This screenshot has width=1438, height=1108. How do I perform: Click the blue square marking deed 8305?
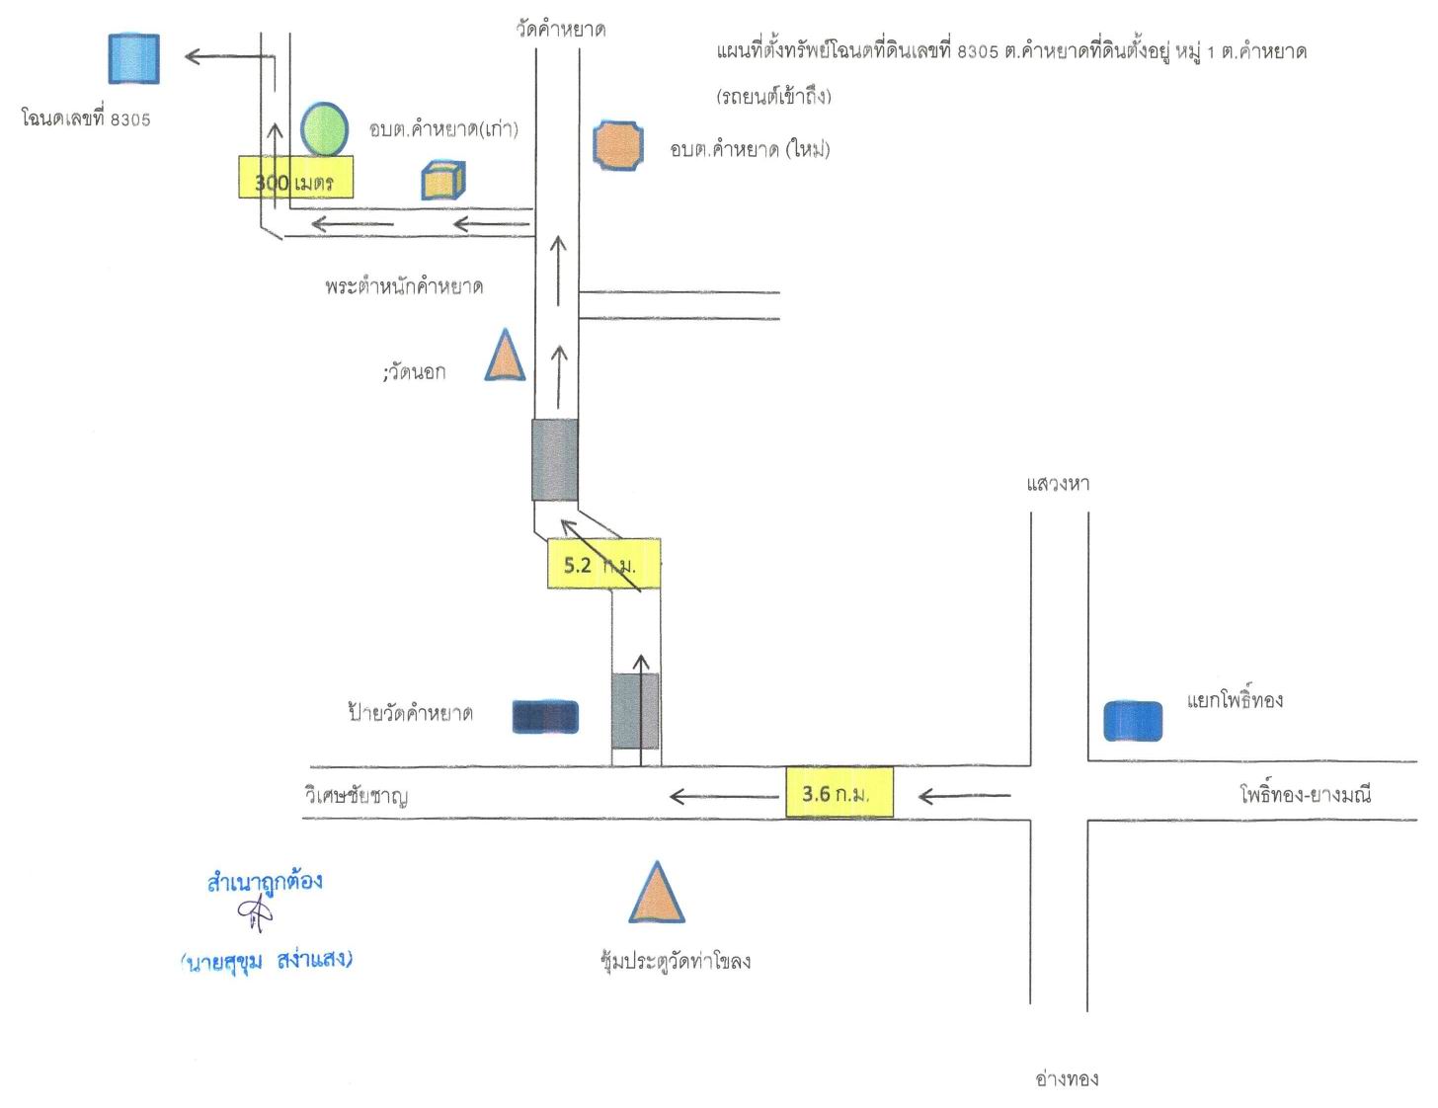pos(133,58)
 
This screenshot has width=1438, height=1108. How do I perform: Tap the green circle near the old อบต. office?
pos(324,129)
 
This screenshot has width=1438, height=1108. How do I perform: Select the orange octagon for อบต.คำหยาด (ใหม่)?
pos(617,145)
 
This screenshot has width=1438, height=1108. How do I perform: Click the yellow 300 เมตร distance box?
pos(296,177)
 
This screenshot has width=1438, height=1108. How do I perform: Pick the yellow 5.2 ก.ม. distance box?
pos(603,564)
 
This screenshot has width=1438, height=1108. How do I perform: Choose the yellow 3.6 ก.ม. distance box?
pos(839,792)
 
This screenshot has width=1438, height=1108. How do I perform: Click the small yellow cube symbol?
pos(443,180)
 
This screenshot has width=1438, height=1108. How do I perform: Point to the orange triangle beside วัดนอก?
pos(505,356)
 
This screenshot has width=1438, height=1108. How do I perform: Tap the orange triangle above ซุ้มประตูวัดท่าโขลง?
pos(657,893)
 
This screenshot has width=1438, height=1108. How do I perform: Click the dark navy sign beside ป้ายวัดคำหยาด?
pos(545,717)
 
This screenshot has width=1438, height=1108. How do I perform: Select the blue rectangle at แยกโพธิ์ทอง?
pos(1132,721)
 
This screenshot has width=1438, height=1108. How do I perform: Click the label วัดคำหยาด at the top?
pos(561,30)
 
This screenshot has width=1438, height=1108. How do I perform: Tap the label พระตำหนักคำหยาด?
pos(404,286)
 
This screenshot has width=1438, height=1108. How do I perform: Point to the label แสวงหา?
pos(1058,484)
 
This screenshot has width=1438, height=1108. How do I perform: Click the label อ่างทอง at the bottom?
pos(1067,1079)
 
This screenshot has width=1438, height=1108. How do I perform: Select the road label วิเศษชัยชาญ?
pos(356,796)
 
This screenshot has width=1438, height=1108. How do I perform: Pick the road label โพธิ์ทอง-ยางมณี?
pos(1306,793)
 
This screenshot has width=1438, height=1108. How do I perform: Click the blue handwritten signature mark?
pos(256,915)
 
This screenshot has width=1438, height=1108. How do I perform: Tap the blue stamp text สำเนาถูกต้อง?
pos(265,882)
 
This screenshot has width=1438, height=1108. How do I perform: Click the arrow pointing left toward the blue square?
pos(230,56)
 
